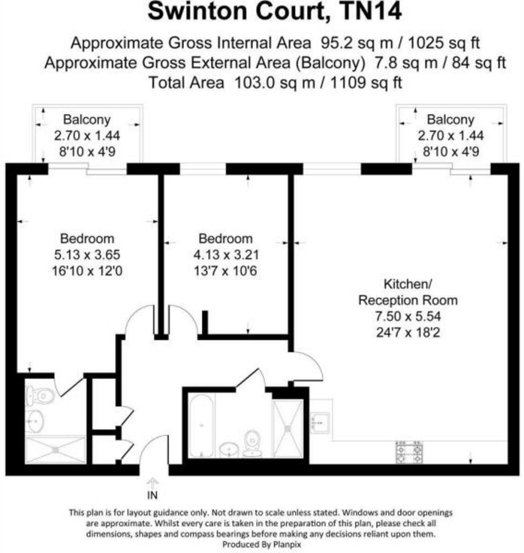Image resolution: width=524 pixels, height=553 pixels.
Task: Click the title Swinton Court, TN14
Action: click(274, 12)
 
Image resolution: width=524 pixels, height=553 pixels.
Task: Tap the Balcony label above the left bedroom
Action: click(87, 120)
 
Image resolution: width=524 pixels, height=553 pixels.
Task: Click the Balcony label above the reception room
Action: click(450, 120)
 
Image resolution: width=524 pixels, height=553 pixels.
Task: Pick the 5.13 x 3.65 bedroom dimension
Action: click(87, 254)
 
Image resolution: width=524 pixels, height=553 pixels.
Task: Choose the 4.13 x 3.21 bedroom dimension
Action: click(226, 254)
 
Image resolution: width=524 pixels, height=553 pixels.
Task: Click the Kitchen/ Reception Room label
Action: click(408, 292)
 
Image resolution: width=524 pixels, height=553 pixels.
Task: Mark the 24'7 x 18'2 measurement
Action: click(408, 332)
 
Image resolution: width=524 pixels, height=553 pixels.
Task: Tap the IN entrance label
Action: click(152, 495)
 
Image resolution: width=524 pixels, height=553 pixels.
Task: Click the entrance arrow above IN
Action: click(152, 483)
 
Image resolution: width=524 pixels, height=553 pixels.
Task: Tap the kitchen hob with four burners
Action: click(410, 452)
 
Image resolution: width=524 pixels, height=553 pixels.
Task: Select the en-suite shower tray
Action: click(55, 449)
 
